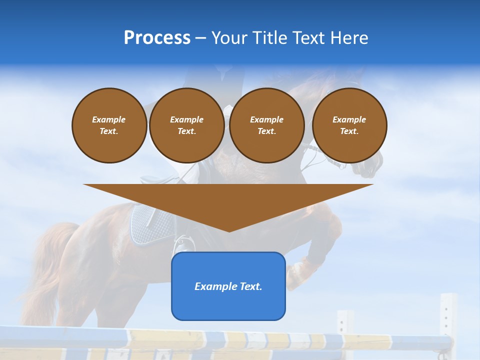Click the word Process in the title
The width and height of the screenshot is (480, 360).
[x=157, y=38]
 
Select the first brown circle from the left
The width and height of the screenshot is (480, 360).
[x=109, y=125]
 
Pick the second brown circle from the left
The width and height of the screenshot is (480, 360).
[x=186, y=125]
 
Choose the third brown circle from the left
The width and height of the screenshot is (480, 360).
[x=266, y=125]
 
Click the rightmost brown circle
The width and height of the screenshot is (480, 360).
[x=349, y=125]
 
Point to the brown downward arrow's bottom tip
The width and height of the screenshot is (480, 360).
[x=228, y=230]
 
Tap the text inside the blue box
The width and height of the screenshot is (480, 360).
[x=228, y=286]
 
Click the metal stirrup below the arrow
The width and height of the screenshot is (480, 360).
[x=181, y=245]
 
